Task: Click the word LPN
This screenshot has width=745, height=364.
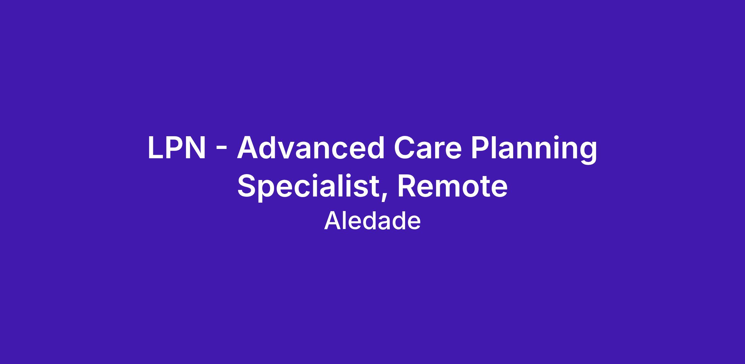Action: pos(177,148)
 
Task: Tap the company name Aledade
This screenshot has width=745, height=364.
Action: pos(372,221)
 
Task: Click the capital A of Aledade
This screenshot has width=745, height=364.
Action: pos(332,221)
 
